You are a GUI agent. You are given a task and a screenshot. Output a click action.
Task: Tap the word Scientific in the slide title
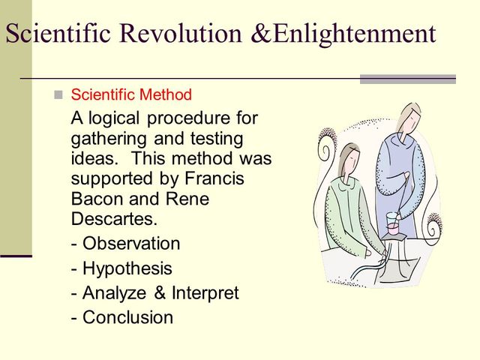pyautogui.click(x=61, y=33)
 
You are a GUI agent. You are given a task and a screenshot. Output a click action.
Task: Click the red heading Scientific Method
pyautogui.click(x=131, y=95)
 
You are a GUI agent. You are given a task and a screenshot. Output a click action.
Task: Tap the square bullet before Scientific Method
pyautogui.click(x=58, y=95)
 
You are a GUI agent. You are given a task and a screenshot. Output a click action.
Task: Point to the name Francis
pyautogui.click(x=216, y=180)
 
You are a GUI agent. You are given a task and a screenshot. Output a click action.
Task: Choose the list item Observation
pyautogui.click(x=131, y=244)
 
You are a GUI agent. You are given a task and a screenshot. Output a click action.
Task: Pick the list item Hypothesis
pyautogui.click(x=127, y=268)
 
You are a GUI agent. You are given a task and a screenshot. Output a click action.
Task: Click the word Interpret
pyautogui.click(x=203, y=292)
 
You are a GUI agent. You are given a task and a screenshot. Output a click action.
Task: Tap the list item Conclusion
pyautogui.click(x=127, y=317)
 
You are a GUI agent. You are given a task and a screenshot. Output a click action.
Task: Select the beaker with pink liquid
pyautogui.click(x=391, y=223)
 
